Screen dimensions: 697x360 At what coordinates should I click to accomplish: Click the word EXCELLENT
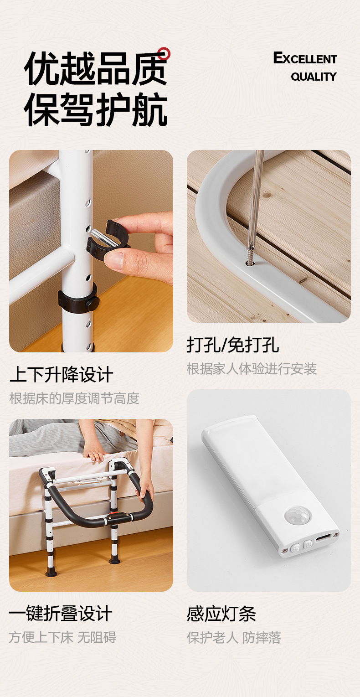[x=305, y=59]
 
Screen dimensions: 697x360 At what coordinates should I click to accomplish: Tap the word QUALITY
[x=314, y=77]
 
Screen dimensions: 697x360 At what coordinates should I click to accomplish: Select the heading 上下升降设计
[x=62, y=375]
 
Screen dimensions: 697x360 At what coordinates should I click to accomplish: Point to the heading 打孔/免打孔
[x=233, y=345]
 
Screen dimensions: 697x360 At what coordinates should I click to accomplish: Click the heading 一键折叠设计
[x=61, y=613]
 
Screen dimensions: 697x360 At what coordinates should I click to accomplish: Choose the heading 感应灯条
[x=221, y=614]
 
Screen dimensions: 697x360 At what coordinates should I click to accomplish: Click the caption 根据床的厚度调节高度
[x=74, y=398]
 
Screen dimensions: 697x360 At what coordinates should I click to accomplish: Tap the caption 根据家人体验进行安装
[x=252, y=368]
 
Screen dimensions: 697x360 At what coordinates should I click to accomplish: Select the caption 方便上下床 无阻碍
[x=62, y=637]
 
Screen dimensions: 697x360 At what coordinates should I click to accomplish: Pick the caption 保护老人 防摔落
[x=234, y=637]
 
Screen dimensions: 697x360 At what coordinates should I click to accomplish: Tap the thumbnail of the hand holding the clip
[x=91, y=251]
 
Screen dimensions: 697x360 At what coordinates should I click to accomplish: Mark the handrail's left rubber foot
[x=51, y=572]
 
